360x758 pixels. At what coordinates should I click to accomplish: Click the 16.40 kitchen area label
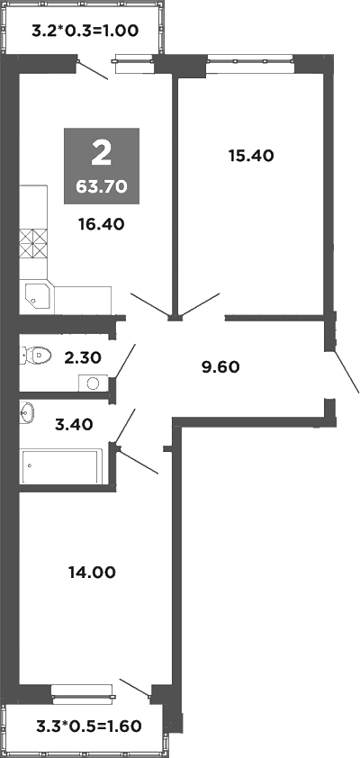101,225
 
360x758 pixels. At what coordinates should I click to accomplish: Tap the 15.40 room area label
250,155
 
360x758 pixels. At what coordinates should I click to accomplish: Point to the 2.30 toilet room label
81,356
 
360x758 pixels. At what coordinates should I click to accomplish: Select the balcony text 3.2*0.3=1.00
85,31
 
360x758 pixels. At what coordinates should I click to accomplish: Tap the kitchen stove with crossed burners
33,243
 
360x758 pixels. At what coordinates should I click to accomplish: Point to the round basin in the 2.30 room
94,383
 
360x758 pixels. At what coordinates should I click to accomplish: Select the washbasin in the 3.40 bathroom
27,413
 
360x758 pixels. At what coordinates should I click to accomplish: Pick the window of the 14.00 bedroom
82,691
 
